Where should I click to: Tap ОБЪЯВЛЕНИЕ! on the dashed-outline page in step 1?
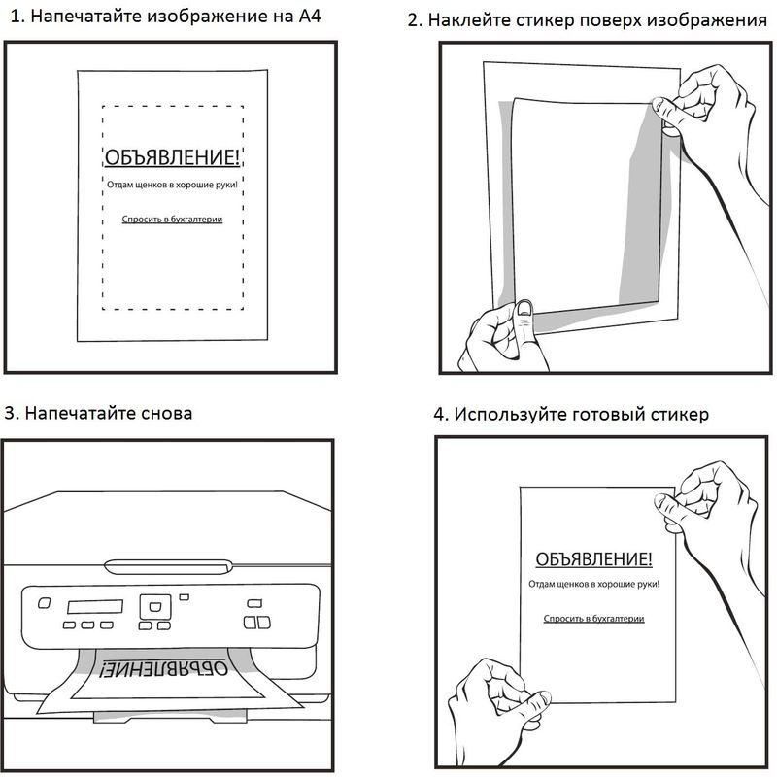[x=171, y=158]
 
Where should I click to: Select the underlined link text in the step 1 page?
[x=172, y=220]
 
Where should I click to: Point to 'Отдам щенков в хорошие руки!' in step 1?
[x=172, y=184]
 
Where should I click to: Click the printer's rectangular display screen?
[x=94, y=605]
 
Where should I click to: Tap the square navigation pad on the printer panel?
[x=152, y=607]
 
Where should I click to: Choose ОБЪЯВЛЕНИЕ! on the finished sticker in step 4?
[x=593, y=560]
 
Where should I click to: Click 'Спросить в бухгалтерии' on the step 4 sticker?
[x=593, y=618]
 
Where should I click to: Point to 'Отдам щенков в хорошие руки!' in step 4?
[x=593, y=585]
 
